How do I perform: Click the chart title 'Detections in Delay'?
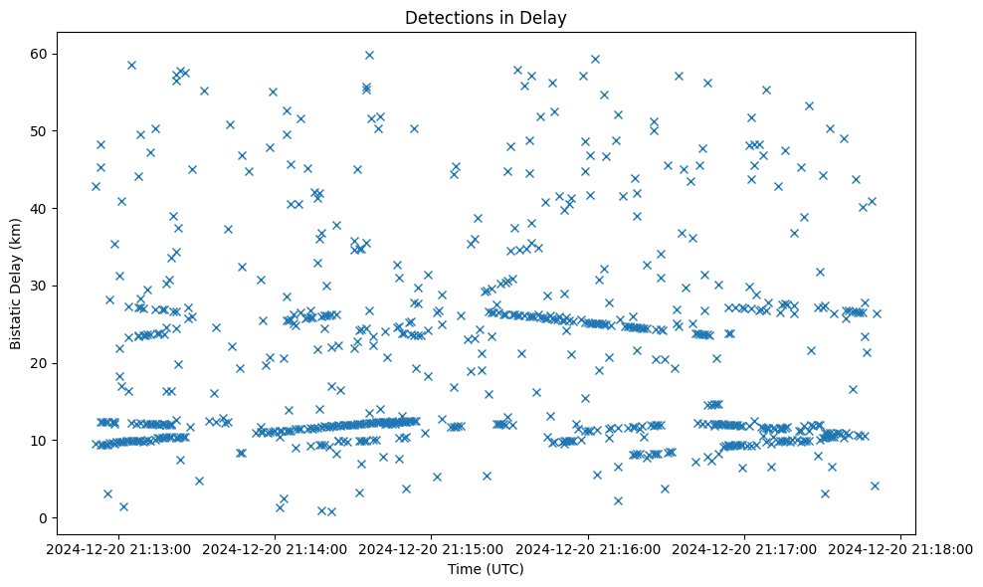pyautogui.click(x=486, y=17)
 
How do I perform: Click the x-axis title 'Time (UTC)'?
pyautogui.click(x=486, y=569)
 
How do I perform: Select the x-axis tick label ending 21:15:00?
pyautogui.click(x=432, y=548)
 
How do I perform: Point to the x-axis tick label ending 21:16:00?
pyautogui.click(x=588, y=548)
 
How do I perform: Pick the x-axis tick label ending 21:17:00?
pyautogui.click(x=744, y=548)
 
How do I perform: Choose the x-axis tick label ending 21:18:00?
pyautogui.click(x=900, y=548)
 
